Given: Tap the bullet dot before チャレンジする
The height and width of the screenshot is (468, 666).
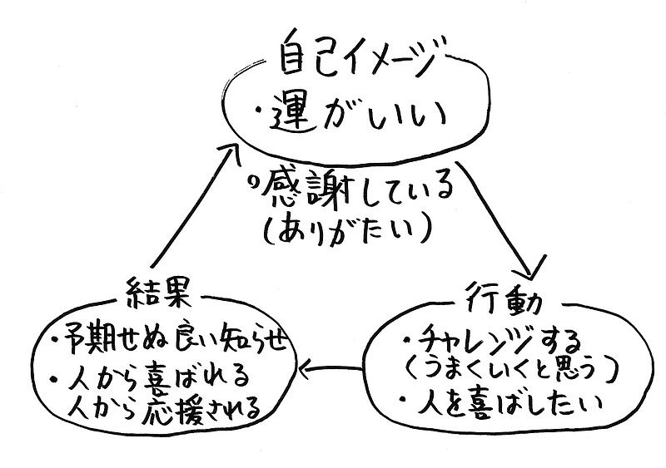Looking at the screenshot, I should (405, 340).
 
